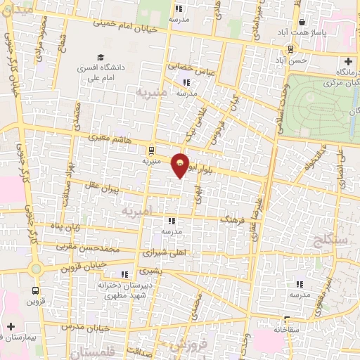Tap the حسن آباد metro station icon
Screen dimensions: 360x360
tap(290, 49)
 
